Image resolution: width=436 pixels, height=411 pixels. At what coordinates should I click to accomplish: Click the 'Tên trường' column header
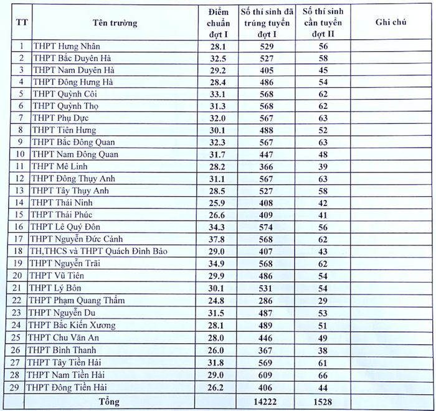point(115,23)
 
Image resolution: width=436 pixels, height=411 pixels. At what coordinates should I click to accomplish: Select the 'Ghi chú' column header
point(391,22)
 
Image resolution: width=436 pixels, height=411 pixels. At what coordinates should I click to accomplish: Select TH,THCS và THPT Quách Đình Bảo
point(99,252)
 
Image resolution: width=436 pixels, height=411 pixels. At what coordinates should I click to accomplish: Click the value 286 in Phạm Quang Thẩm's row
point(267,301)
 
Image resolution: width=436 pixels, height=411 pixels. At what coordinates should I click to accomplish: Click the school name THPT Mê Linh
point(60,166)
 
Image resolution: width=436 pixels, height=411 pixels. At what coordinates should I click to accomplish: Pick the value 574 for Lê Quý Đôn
point(267,227)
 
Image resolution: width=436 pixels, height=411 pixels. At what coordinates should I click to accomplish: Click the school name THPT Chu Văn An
point(64,338)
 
